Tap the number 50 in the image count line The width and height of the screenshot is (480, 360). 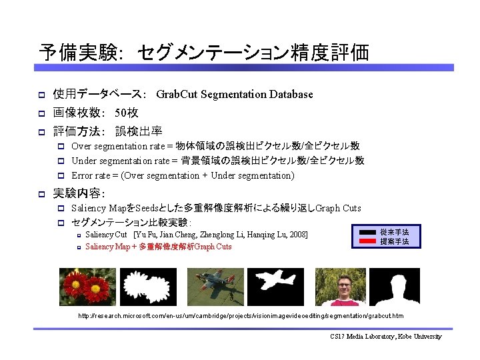[121, 113]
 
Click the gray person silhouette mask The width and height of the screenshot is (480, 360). [398, 287]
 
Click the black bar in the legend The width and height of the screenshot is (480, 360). [368, 233]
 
